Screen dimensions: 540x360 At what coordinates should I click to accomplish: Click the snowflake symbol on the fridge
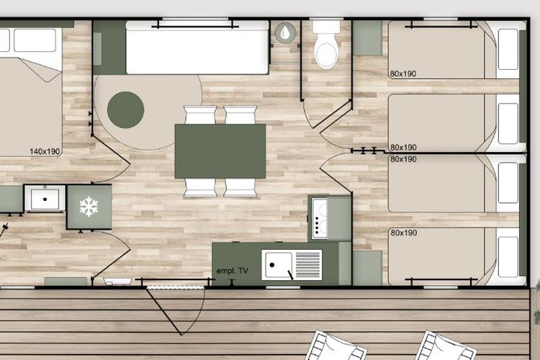tap(89, 207)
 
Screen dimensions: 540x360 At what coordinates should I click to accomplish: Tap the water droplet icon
tap(285, 32)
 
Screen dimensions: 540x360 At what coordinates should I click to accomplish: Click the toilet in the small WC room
tap(325, 44)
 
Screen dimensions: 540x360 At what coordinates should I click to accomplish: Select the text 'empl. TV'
tap(232, 271)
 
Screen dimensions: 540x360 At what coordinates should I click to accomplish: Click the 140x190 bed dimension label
tap(45, 151)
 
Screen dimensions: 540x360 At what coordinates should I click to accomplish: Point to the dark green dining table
tap(220, 151)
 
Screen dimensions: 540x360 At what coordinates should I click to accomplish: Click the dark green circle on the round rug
tap(125, 110)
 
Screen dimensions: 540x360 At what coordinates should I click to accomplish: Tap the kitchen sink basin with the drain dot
tap(276, 264)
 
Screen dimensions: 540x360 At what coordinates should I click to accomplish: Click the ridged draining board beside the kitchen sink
tap(308, 264)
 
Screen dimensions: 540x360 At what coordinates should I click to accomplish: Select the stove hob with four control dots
tap(320, 218)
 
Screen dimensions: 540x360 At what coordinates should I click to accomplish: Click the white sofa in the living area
tap(197, 48)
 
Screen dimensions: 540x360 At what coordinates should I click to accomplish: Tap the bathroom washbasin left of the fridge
tap(45, 199)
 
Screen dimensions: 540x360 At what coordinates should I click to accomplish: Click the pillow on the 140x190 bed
tap(35, 40)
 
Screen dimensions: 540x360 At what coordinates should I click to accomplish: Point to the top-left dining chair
tap(200, 114)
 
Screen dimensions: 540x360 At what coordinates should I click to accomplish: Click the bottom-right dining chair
tap(240, 188)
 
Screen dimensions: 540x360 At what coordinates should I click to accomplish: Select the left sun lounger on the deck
tap(336, 346)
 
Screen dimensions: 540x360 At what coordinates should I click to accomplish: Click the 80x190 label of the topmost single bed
tap(403, 73)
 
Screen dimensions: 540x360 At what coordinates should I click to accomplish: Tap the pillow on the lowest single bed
tap(508, 257)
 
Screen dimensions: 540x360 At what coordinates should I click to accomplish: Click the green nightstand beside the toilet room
tap(367, 38)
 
